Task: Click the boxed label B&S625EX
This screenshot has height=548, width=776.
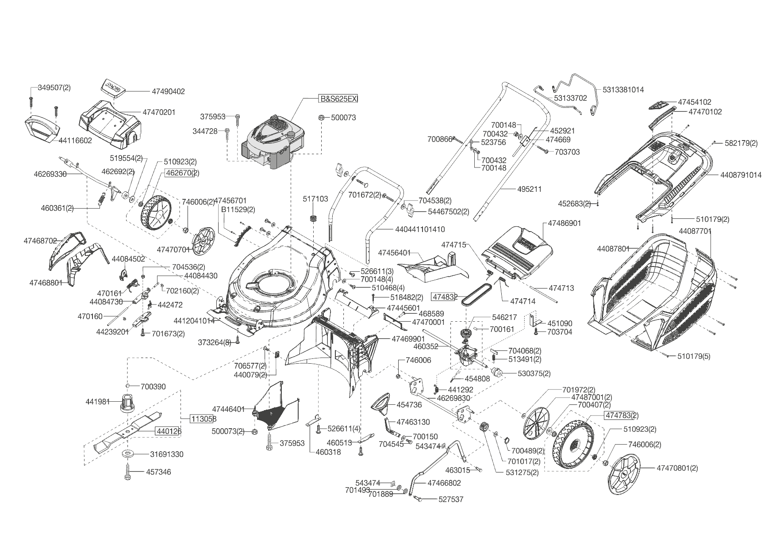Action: point(338,99)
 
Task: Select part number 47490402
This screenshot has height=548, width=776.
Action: point(168,91)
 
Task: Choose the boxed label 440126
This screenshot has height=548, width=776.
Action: point(168,431)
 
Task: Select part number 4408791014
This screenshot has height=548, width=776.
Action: point(741,175)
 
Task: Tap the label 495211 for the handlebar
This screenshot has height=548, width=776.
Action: point(529,189)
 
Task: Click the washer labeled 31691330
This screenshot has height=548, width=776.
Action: point(129,454)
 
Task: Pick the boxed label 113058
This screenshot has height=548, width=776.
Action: point(203,419)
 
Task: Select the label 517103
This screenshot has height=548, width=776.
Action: point(315,199)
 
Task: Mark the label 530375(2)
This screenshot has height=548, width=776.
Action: point(534,373)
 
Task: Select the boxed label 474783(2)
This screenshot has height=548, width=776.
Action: point(622,415)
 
